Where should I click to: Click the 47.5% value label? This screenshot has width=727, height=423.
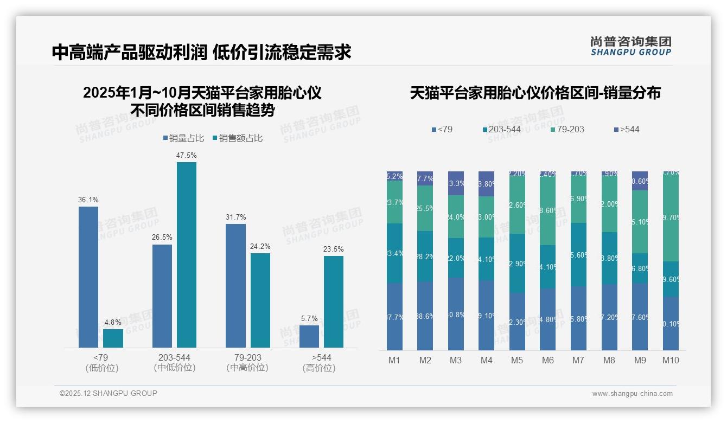(x=186, y=155)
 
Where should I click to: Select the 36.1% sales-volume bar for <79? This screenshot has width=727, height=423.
(x=88, y=277)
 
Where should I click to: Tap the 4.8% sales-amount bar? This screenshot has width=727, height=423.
(x=113, y=338)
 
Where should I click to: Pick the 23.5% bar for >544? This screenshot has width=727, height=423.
(x=334, y=302)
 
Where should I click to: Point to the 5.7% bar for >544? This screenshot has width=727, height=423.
(x=309, y=336)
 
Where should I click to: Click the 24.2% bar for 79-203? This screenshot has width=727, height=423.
(x=260, y=300)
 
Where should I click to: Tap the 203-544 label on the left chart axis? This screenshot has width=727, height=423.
(x=174, y=358)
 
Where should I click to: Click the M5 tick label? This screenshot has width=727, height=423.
(x=517, y=360)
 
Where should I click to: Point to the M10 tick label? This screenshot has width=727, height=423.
(x=671, y=360)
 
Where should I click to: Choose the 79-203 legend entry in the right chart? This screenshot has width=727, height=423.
(x=567, y=129)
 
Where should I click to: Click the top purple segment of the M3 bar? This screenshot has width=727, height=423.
(x=456, y=183)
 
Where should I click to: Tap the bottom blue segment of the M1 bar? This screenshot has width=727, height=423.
(x=395, y=317)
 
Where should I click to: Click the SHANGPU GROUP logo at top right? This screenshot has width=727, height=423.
(x=631, y=46)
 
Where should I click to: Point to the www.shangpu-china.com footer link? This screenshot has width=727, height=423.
(x=632, y=394)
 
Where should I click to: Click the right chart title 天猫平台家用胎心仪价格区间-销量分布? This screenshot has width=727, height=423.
(x=535, y=93)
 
